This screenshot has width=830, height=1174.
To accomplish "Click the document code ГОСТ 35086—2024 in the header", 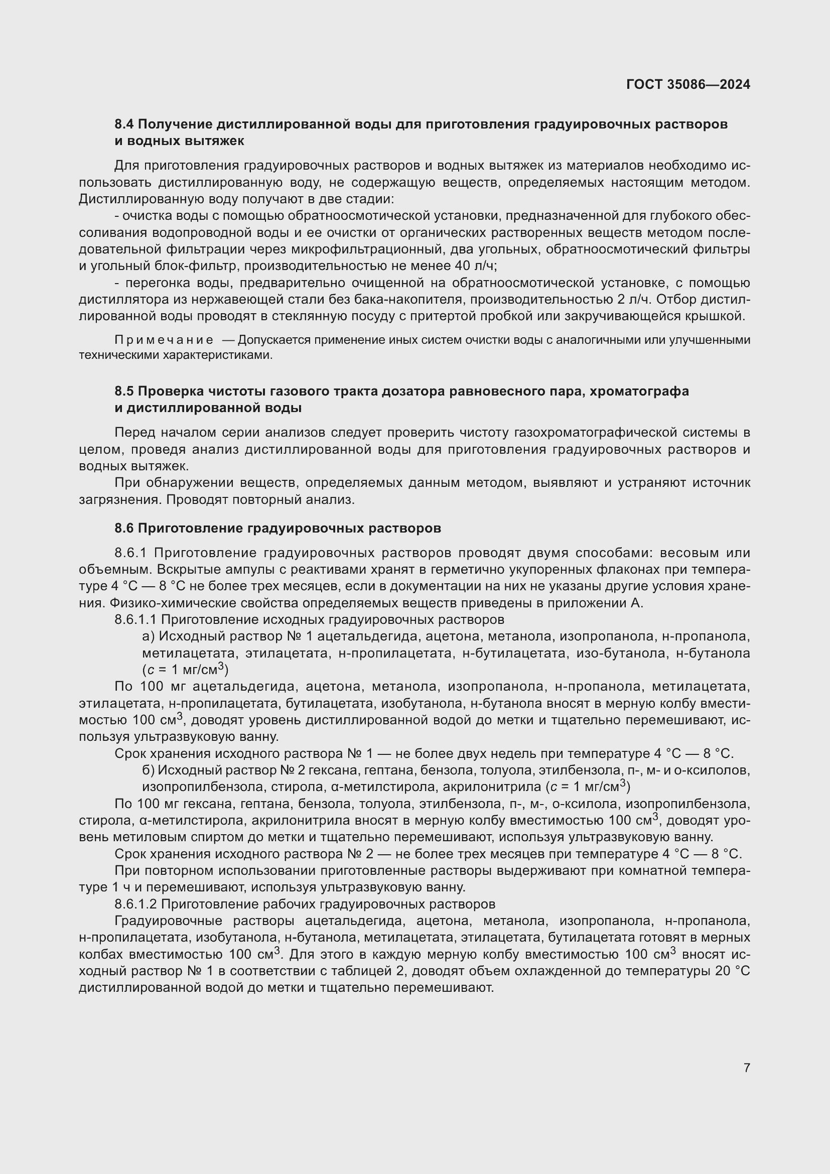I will [688, 84].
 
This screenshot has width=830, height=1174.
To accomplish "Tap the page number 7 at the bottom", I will [747, 1068].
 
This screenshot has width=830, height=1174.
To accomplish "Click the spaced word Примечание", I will [164, 340].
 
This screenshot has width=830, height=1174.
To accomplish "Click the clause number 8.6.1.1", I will [135, 620].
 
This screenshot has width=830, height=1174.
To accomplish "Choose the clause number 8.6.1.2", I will [135, 904].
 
